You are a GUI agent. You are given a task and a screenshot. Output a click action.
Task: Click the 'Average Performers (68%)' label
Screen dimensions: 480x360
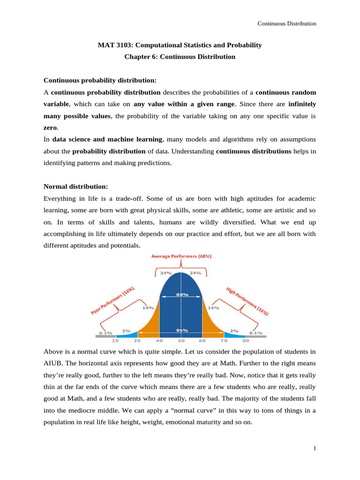click(181, 256)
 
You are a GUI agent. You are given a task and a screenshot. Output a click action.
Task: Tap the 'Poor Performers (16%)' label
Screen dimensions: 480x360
click(112, 300)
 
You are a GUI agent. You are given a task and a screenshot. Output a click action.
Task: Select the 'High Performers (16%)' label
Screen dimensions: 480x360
click(247, 300)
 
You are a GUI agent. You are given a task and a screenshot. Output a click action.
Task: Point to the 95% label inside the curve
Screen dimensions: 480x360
click(181, 330)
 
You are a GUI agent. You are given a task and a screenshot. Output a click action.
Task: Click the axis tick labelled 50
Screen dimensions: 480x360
click(181, 341)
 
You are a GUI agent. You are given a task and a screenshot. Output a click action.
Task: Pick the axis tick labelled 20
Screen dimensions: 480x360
click(114, 341)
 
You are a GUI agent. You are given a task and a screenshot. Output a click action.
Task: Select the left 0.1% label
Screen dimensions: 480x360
click(105, 333)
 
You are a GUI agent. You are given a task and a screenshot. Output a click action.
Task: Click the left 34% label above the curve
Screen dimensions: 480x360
click(166, 273)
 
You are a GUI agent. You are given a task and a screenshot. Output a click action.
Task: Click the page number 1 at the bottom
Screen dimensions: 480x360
click(315, 449)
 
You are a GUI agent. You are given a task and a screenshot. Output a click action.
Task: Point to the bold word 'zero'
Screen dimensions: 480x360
click(50, 127)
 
